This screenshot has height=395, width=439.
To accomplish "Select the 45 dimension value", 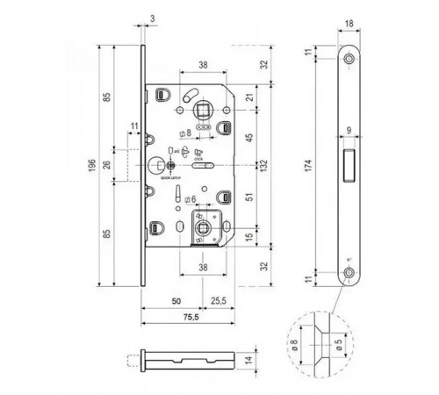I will (x=248, y=137).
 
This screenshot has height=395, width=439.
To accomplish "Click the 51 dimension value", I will (x=248, y=198).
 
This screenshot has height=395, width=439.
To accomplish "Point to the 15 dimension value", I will (x=248, y=238).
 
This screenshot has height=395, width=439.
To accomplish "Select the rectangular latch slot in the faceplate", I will (x=349, y=164).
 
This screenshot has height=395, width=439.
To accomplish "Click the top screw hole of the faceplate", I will (x=349, y=58).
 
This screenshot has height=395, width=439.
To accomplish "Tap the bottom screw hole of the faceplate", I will (x=349, y=273).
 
